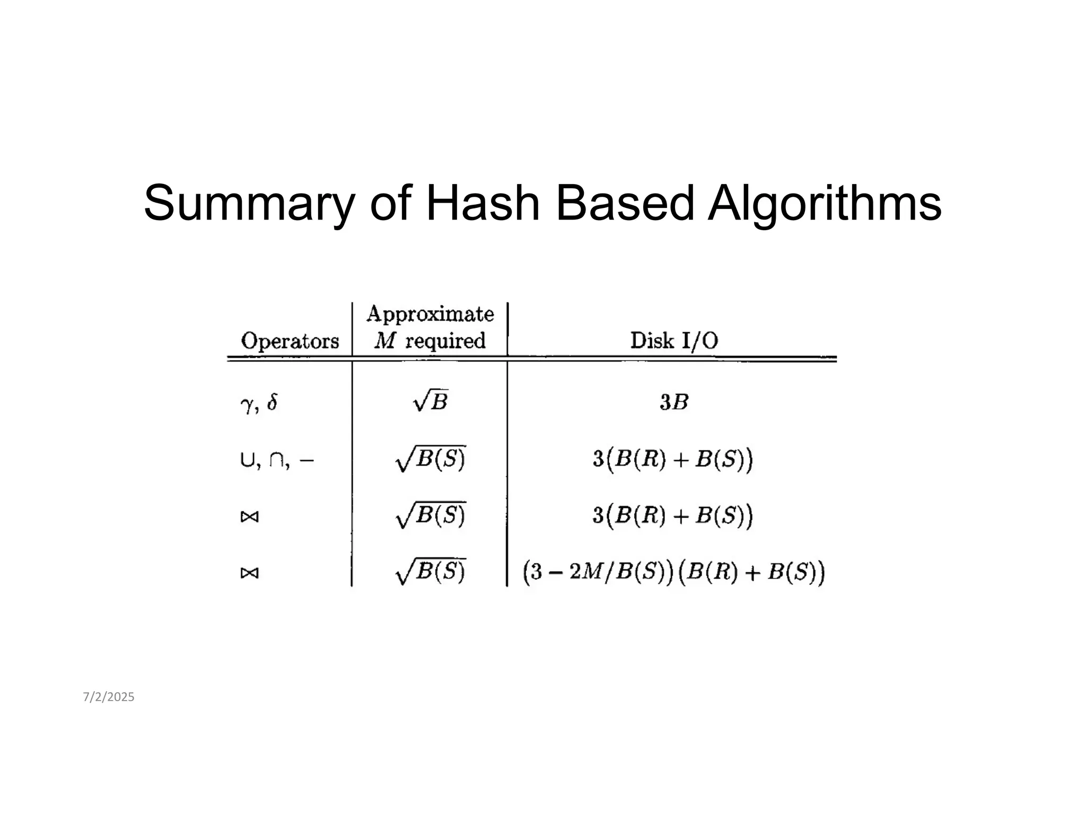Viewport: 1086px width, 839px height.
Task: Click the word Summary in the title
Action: pyautogui.click(x=248, y=204)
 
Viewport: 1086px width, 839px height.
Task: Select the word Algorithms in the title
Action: pyautogui.click(x=825, y=204)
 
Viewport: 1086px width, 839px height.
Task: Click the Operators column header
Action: pyautogui.click(x=290, y=340)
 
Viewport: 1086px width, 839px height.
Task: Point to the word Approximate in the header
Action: pyautogui.click(x=430, y=314)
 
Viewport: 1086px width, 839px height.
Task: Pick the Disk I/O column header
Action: pyautogui.click(x=674, y=340)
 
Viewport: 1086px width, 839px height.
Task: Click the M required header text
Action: pyautogui.click(x=430, y=340)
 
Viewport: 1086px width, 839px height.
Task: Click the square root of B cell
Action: pyautogui.click(x=431, y=402)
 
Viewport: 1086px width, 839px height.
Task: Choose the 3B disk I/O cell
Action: pyautogui.click(x=674, y=403)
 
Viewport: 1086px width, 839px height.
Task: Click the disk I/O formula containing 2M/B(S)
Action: pyautogui.click(x=673, y=573)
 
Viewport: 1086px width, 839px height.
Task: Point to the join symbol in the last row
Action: pyautogui.click(x=249, y=573)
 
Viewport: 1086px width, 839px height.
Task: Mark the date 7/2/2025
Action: pyautogui.click(x=109, y=697)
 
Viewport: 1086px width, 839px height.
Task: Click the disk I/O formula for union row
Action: pyautogui.click(x=672, y=459)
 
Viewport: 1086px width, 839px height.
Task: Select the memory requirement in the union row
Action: pyautogui.click(x=431, y=459)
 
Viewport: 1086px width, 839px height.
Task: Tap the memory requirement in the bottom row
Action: pyautogui.click(x=431, y=572)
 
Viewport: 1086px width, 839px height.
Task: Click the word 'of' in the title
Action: pyautogui.click(x=390, y=203)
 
